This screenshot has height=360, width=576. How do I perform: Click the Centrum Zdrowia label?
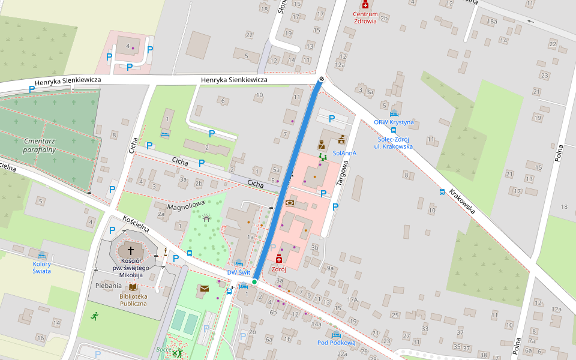tap(365, 17)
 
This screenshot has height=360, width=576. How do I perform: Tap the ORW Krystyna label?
tap(394, 122)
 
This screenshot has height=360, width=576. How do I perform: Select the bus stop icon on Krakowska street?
tap(442, 192)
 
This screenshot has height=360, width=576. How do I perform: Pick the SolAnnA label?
tap(344, 153)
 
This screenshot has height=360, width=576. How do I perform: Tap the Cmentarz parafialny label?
tap(40, 145)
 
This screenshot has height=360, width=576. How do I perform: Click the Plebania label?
tap(109, 287)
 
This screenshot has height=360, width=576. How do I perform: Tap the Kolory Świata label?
tap(42, 267)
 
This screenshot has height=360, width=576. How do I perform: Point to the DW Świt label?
tap(238, 272)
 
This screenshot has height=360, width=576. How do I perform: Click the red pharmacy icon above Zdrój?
tap(278, 259)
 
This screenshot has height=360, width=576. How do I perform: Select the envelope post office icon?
tap(204, 289)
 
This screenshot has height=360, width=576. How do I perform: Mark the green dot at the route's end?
tap(254, 281)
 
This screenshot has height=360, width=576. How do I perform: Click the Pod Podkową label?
tap(336, 343)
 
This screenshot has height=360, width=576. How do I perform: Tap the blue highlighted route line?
tap(288, 180)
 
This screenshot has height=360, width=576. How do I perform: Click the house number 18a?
tap(492, 22)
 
